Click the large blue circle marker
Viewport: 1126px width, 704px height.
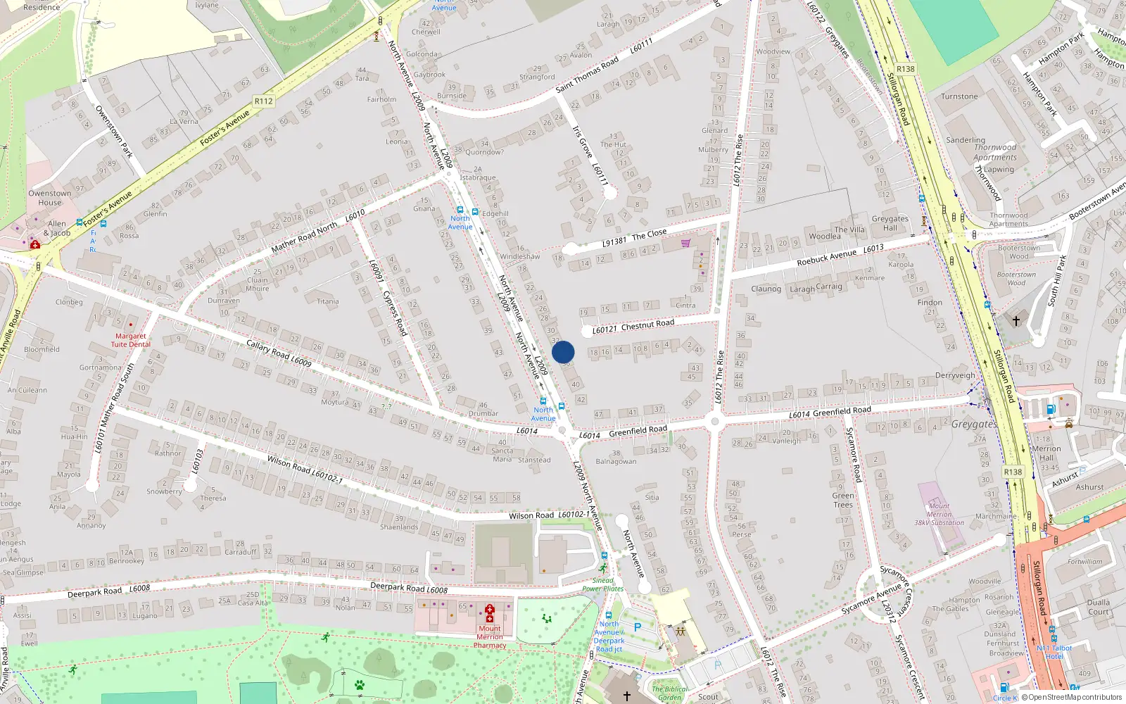point(563,352)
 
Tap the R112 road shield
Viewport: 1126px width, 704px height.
point(263,101)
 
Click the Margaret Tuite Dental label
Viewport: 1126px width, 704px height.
point(130,340)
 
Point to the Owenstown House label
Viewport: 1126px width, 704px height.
point(49,198)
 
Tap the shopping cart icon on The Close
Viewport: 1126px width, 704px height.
point(685,243)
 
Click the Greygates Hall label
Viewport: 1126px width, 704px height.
point(890,223)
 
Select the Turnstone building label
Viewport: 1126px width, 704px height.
point(959,96)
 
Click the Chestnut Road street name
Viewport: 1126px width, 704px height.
point(647,325)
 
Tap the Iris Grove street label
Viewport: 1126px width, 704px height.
point(582,142)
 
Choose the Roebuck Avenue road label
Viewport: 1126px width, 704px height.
point(827,258)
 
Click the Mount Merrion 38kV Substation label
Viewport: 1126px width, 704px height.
point(939,514)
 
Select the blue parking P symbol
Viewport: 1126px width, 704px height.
point(638,627)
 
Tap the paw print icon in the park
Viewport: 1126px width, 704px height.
point(360,684)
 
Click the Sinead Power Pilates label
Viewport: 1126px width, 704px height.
point(602,584)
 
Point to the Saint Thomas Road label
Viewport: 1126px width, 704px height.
point(587,75)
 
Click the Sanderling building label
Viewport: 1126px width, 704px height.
point(965,140)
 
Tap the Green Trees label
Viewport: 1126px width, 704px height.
point(843,500)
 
